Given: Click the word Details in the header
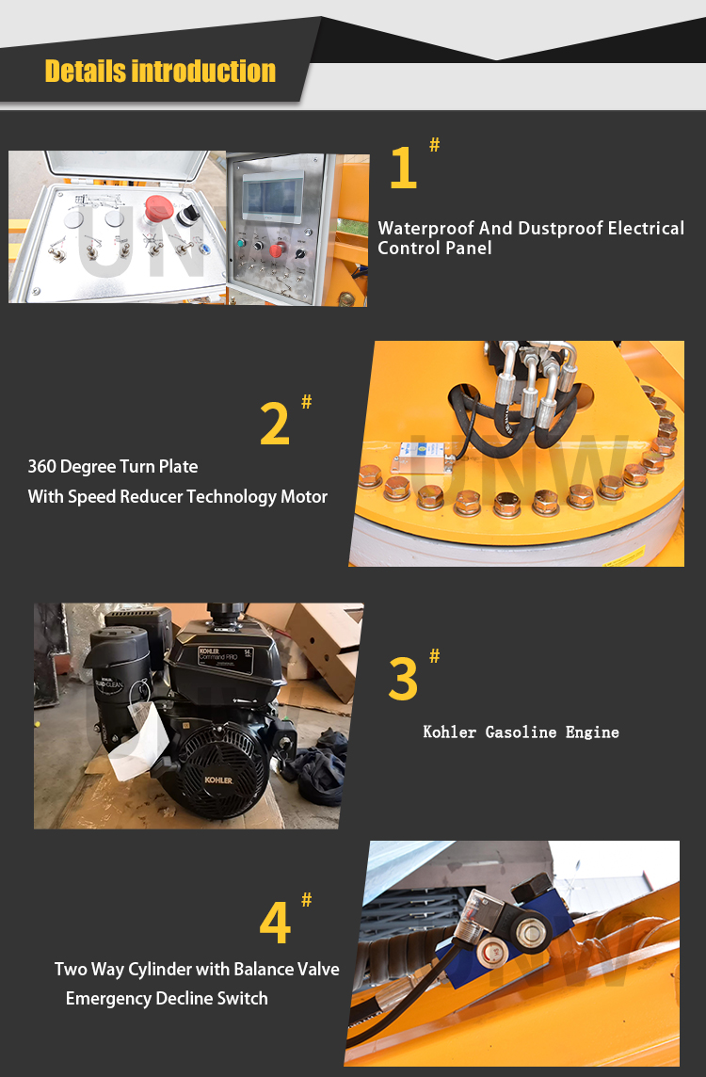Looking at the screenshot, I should pos(85,72).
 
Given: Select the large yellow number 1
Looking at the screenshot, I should pos(403,169).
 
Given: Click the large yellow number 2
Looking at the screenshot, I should pos(275,425).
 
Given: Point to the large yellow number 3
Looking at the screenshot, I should pos(403,680).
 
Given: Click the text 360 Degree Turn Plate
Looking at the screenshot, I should pos(113,467).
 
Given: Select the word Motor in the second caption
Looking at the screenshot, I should pos(304,496).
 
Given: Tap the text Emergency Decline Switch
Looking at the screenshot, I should pos(167,998).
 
